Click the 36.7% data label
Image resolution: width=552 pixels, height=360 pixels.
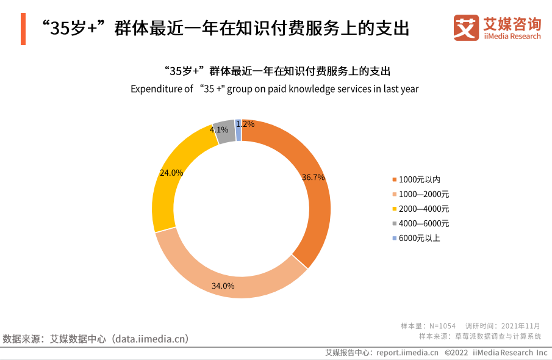tap(314, 177)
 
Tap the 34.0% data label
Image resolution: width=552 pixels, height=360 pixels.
tap(223, 286)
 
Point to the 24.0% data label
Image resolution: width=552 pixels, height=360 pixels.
tap(171, 173)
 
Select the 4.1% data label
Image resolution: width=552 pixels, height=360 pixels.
tap(219, 129)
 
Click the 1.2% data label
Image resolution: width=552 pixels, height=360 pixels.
tap(245, 124)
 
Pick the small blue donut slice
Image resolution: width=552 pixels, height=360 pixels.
tap(238, 130)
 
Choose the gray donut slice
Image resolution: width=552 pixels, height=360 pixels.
tap(224, 132)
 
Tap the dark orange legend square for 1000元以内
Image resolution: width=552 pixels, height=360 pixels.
tap(394, 179)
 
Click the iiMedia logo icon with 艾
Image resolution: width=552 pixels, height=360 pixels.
tap(466, 27)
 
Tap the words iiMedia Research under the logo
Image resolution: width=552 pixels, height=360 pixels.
tap(512, 36)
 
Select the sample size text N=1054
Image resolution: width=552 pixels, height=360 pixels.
tap(442, 326)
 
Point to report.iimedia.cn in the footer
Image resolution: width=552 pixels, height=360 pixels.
tap(407, 353)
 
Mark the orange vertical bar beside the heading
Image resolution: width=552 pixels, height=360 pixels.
tap(23, 29)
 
